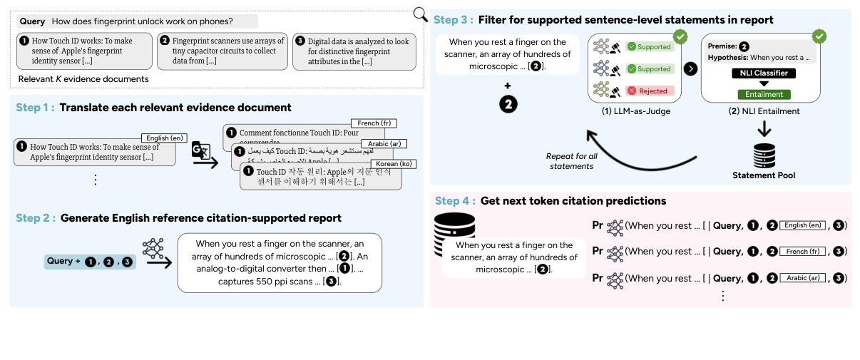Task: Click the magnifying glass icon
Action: coord(421,14)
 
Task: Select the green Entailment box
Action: coord(764,94)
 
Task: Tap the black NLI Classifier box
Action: coord(764,73)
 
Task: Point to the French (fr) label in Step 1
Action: coord(374,123)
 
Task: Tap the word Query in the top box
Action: coord(32,21)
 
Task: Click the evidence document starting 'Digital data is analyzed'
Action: coord(354,51)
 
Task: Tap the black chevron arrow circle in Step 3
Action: coord(690,69)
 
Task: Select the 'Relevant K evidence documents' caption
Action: coord(83,78)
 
